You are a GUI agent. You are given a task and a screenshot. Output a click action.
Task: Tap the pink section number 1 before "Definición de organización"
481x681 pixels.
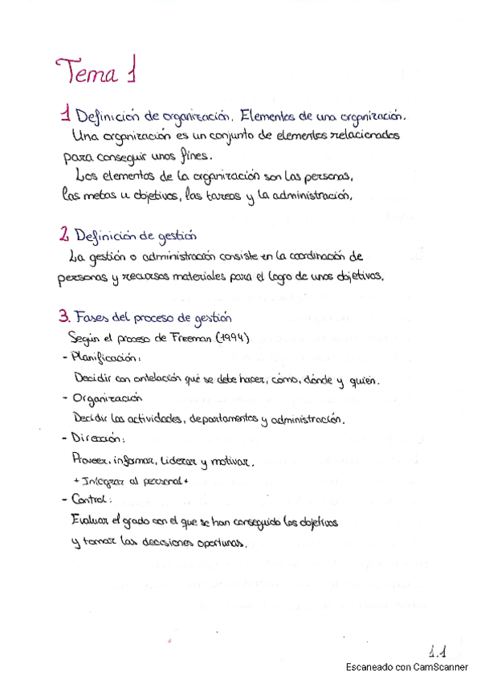click(x=65, y=116)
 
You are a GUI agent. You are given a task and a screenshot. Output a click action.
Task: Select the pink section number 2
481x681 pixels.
click(x=63, y=235)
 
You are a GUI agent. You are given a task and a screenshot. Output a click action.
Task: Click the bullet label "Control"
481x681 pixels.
click(x=92, y=500)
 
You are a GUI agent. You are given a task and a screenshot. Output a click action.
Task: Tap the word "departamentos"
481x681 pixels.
click(x=224, y=418)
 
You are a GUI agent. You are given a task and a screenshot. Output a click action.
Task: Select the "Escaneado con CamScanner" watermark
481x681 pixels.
click(x=407, y=667)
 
